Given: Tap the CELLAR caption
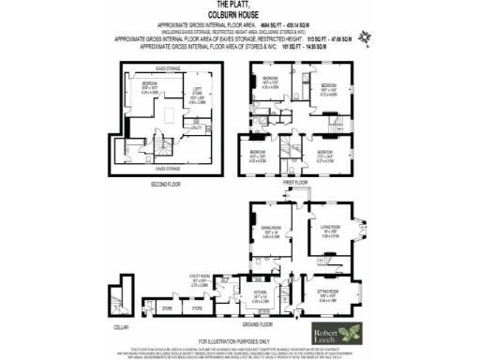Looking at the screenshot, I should tap(119, 327).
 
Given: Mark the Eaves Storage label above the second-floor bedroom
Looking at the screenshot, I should tap(165, 67).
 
